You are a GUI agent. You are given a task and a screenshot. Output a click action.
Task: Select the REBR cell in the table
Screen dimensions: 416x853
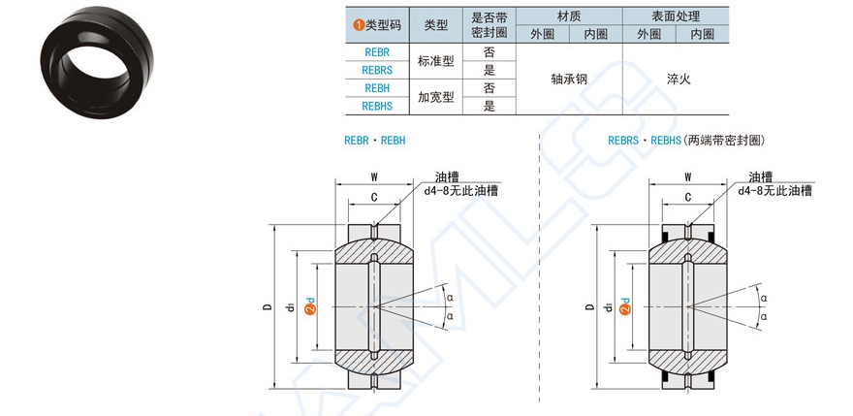(376, 51)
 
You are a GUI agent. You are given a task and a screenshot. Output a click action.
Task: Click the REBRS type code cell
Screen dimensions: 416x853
(376, 70)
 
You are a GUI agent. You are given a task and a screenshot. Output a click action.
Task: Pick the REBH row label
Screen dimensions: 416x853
(376, 88)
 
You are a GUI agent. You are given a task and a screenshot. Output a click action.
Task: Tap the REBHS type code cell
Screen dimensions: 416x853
(376, 106)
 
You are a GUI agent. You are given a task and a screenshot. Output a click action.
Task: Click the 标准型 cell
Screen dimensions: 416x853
(435, 61)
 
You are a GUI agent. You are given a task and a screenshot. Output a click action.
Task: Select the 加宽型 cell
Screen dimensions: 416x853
(435, 97)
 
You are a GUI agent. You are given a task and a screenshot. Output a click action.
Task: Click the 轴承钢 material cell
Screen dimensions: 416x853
(569, 79)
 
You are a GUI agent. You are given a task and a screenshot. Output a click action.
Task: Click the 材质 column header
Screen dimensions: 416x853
(569, 16)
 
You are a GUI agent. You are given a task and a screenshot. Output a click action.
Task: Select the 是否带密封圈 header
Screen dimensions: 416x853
(489, 25)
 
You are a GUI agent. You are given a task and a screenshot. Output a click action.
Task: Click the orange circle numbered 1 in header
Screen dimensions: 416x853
(358, 25)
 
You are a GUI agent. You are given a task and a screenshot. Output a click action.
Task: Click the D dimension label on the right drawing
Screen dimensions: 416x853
(589, 308)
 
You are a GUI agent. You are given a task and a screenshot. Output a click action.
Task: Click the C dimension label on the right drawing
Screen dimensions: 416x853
(688, 197)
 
